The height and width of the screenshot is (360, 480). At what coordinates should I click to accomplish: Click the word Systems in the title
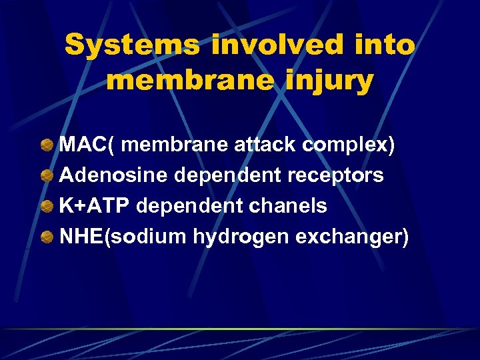(x=131, y=45)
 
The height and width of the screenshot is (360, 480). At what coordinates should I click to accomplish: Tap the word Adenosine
(x=114, y=175)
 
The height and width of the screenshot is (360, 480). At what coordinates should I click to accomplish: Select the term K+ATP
(x=95, y=206)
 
